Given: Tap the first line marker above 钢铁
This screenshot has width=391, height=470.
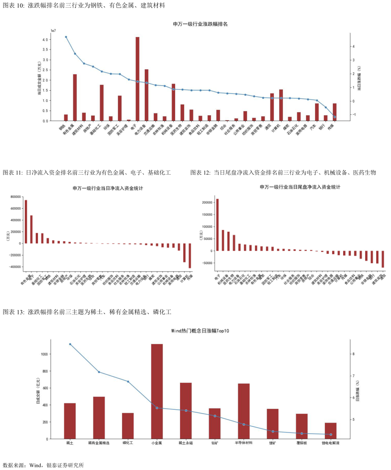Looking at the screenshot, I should (x=66, y=37).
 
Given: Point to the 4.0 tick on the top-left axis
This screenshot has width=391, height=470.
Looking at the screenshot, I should (x=46, y=40).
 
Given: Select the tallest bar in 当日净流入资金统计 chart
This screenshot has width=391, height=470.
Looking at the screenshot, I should (x=26, y=222).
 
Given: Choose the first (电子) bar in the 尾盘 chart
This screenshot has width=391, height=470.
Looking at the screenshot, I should (x=217, y=225).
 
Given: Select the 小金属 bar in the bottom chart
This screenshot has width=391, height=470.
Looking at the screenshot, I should (x=157, y=391).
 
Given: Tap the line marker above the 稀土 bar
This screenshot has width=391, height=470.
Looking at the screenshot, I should (x=70, y=344).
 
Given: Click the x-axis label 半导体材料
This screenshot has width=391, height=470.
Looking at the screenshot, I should (x=244, y=444).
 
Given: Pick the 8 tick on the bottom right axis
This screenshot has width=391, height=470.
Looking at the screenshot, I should (x=353, y=354).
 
